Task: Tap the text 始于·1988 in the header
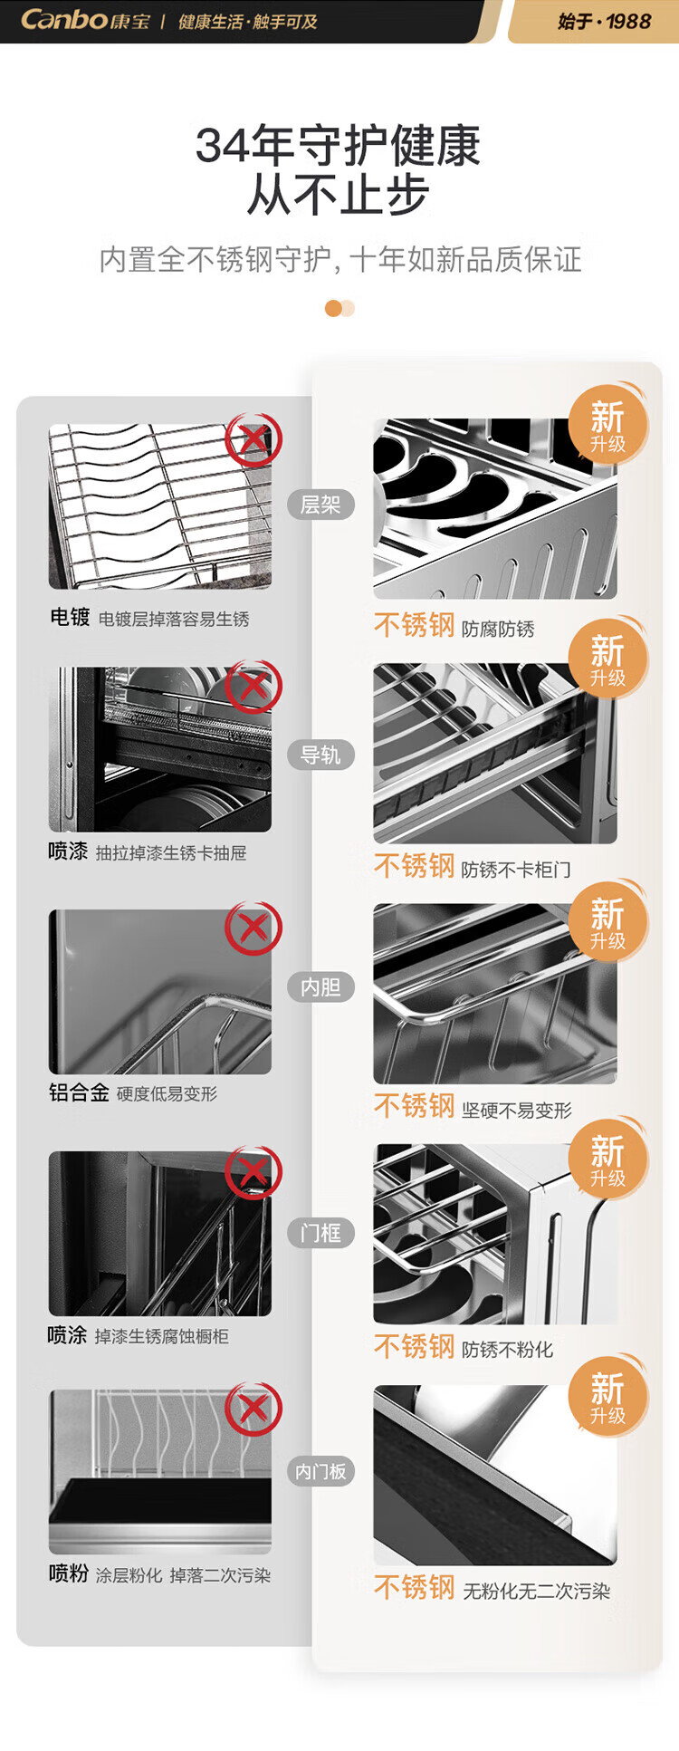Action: [x=605, y=21]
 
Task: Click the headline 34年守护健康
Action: [x=338, y=146]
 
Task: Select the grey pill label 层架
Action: [x=320, y=505]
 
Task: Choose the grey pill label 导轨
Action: [x=320, y=755]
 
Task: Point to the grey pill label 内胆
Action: [x=320, y=986]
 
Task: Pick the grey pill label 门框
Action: [x=320, y=1232]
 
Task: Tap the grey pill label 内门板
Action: [x=320, y=1471]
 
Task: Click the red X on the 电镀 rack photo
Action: [x=253, y=440]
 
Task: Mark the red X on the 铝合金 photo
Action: [x=253, y=928]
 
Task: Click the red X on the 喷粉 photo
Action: [x=253, y=1409]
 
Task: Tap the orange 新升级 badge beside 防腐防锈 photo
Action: [x=608, y=425]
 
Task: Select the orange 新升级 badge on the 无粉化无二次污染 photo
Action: [x=608, y=1396]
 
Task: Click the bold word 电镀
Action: [x=70, y=617]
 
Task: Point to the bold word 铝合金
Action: [x=79, y=1092]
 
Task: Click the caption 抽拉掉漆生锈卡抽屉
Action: [x=171, y=852]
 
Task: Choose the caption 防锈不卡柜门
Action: [x=516, y=870]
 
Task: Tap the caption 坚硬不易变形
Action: [x=517, y=1110]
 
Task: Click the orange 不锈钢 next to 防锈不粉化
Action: [x=414, y=1346]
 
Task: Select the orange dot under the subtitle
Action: [x=333, y=309]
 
